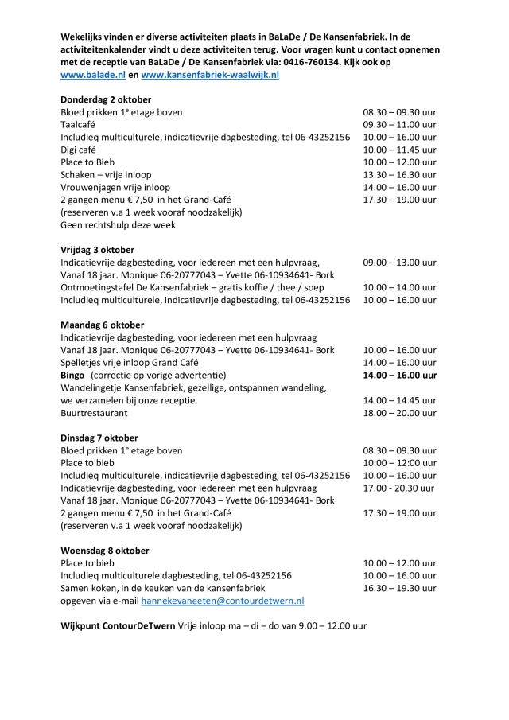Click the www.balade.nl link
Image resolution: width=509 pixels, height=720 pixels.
(x=92, y=74)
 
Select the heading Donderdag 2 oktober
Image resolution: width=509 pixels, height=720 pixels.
(x=106, y=99)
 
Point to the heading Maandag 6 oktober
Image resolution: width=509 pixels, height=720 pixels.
(x=103, y=325)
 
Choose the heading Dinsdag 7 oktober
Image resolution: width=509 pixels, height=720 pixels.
(x=99, y=438)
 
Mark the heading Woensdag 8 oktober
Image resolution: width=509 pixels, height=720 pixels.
(x=104, y=550)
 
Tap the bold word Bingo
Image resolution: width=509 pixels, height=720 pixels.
(x=73, y=375)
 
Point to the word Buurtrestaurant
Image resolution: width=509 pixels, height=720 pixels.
(x=94, y=413)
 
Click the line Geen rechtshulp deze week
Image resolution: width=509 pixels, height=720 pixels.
(x=118, y=224)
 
